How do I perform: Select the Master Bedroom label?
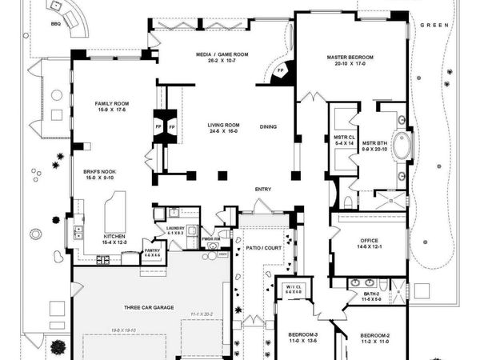(350, 58)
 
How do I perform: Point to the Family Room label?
(112, 105)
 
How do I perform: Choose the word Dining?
(269, 126)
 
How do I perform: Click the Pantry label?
(152, 251)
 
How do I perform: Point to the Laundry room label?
(175, 228)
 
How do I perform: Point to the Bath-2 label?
(370, 295)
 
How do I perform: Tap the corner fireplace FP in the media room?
(281, 70)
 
